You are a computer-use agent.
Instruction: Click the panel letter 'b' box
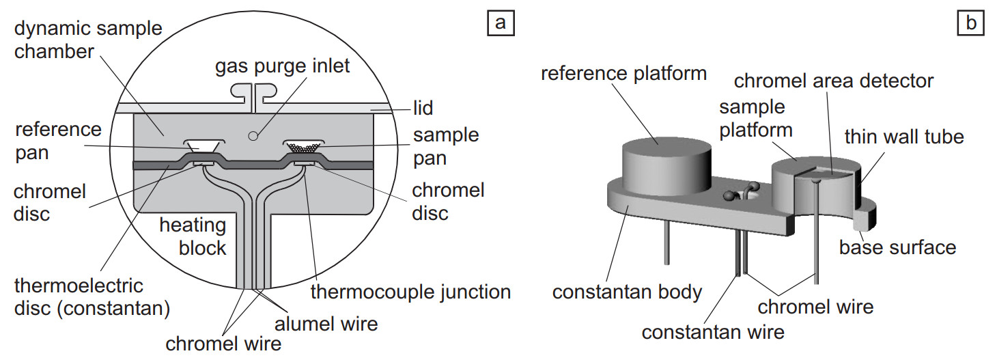click(x=970, y=24)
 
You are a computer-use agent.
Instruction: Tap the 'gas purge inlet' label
click(x=282, y=66)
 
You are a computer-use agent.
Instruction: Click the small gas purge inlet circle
click(x=253, y=136)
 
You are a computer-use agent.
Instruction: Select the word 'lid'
click(x=423, y=108)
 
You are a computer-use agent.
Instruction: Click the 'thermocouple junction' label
click(x=410, y=292)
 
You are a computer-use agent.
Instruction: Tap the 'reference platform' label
click(x=623, y=73)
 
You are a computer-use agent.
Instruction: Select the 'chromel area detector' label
click(x=833, y=81)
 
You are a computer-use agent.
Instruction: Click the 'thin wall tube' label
click(x=903, y=137)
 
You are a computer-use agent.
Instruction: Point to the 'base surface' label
click(x=897, y=246)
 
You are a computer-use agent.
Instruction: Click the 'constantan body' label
click(x=627, y=292)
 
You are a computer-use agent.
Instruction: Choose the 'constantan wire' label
click(x=713, y=332)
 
